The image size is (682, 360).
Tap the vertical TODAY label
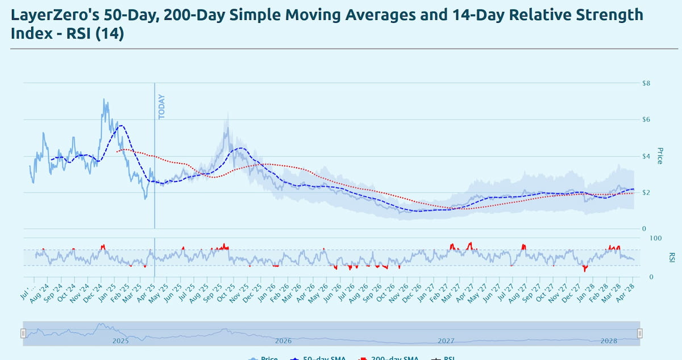[x=161, y=106]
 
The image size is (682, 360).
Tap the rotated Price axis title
[x=660, y=156]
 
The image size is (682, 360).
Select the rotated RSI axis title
[x=671, y=257]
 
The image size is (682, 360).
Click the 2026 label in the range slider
[x=283, y=341]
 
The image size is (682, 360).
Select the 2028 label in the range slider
[x=609, y=341]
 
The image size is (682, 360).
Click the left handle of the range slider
[x=23, y=333]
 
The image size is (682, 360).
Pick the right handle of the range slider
[x=639, y=333]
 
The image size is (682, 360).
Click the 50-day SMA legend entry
[x=322, y=358]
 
